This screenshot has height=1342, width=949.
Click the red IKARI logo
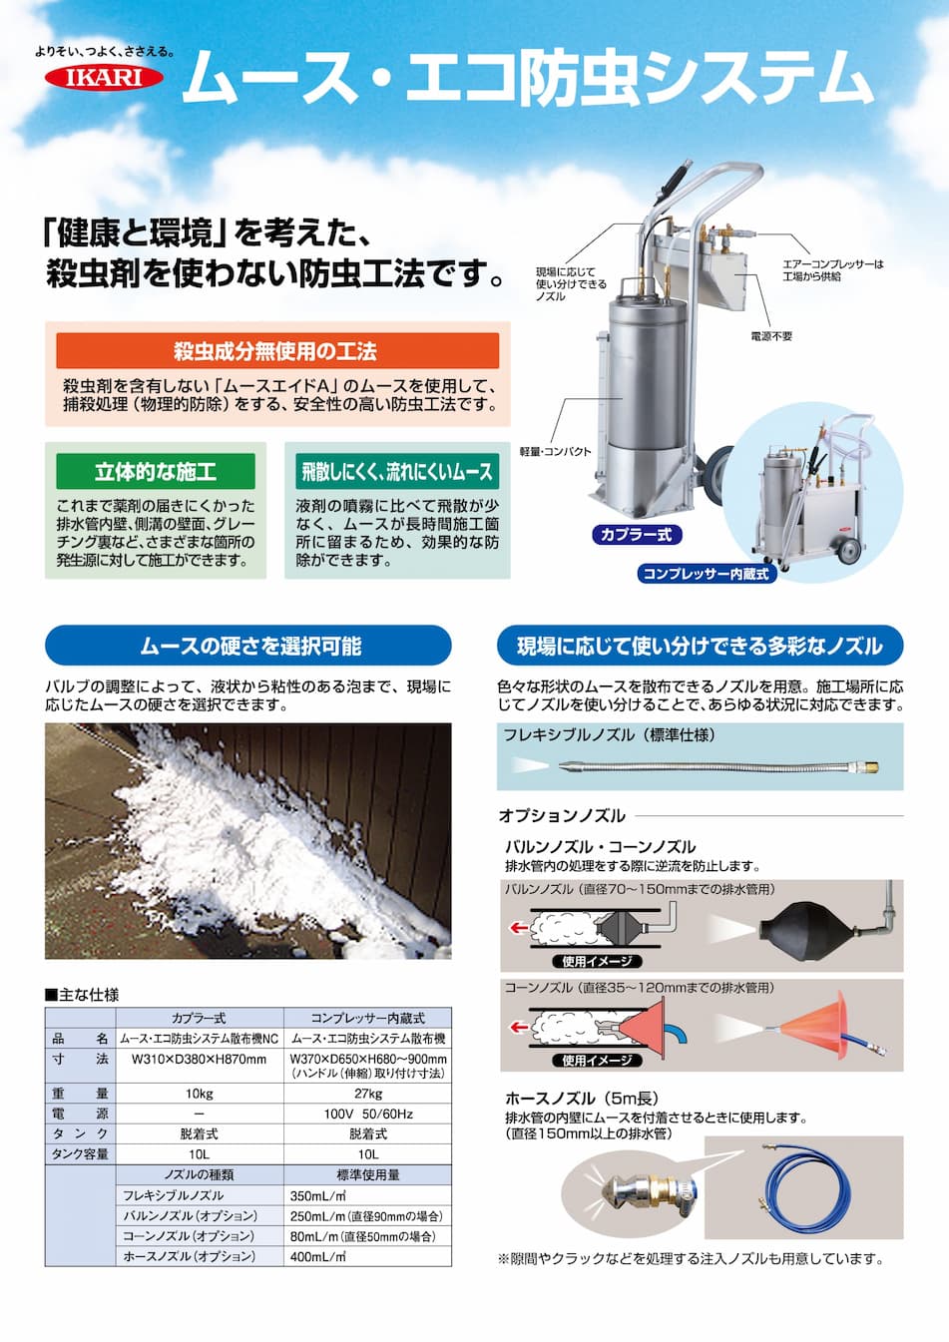pyautogui.click(x=104, y=78)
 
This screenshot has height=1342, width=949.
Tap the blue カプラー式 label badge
pyautogui.click(x=637, y=535)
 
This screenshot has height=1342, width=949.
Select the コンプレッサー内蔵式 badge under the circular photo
pyautogui.click(x=706, y=574)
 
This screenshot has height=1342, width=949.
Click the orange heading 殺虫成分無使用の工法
pyautogui.click(x=277, y=350)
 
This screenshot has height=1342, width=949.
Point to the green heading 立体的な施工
pyautogui.click(x=156, y=472)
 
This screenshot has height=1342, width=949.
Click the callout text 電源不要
pyautogui.click(x=771, y=336)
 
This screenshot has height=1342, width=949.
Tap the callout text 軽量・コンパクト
pyautogui.click(x=556, y=452)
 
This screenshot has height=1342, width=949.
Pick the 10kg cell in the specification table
pyautogui.click(x=200, y=1094)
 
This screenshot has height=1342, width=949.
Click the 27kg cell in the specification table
pyautogui.click(x=368, y=1094)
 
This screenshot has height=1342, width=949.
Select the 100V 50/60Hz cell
pyautogui.click(x=368, y=1114)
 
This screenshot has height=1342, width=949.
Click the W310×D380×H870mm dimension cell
pyautogui.click(x=200, y=1060)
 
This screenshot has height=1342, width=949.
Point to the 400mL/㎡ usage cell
pyautogui.click(x=368, y=1256)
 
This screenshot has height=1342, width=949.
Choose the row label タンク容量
pyautogui.click(x=80, y=1154)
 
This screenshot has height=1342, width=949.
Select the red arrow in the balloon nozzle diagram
pyautogui.click(x=519, y=928)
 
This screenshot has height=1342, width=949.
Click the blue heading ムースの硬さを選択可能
pyautogui.click(x=248, y=646)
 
